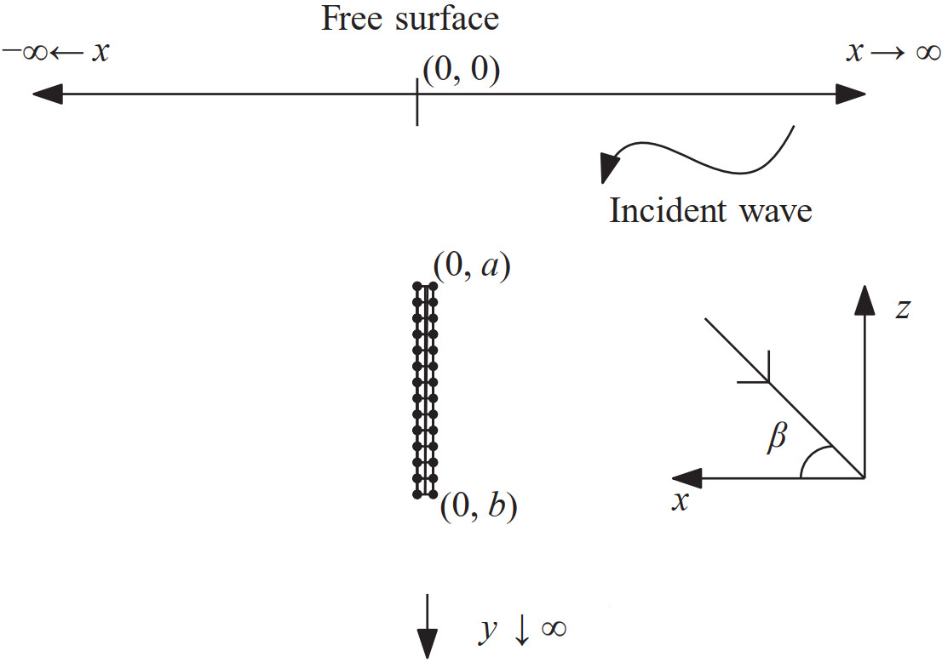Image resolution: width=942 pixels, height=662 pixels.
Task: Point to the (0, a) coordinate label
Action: click(x=471, y=267)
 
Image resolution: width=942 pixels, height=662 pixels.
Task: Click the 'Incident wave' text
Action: click(x=710, y=210)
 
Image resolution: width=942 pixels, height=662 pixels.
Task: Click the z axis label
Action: click(x=903, y=308)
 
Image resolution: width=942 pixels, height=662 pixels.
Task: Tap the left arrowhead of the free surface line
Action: click(x=46, y=94)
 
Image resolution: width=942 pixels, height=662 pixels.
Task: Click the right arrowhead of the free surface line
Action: click(x=851, y=94)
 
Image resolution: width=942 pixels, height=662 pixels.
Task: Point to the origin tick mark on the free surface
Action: click(x=416, y=101)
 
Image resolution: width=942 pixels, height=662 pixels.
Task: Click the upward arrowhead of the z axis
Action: click(x=865, y=300)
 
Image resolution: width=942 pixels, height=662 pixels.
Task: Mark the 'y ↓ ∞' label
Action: click(x=520, y=629)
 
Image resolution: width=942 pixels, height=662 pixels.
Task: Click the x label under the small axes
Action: click(x=680, y=502)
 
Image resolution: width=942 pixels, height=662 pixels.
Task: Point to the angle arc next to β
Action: click(x=813, y=462)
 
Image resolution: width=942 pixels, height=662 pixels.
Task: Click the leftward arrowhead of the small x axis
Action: click(x=686, y=477)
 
